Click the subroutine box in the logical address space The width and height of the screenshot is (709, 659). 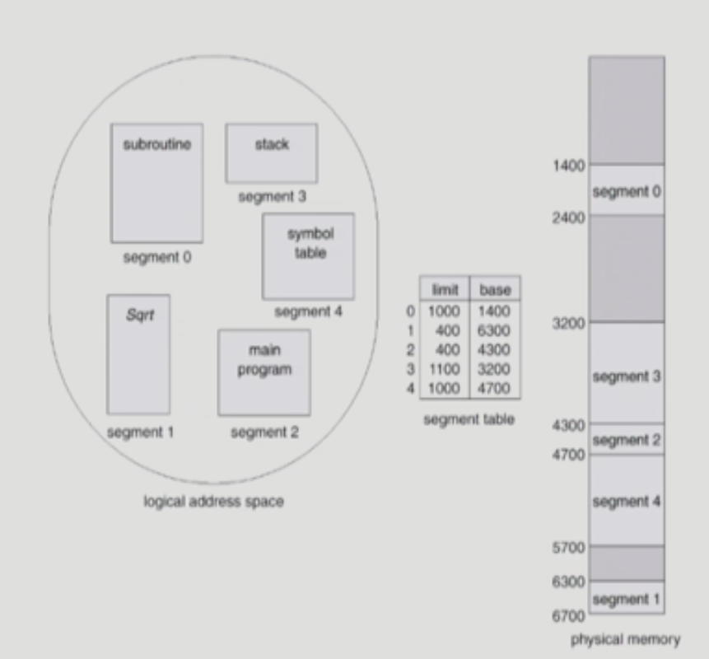tap(156, 183)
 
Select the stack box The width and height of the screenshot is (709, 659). tap(271, 153)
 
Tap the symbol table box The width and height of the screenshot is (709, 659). tap(308, 255)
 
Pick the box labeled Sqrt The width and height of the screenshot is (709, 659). tap(138, 354)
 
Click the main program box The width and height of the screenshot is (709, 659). tap(264, 372)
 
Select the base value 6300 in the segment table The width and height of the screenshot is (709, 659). tap(494, 330)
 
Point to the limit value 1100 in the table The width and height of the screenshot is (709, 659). tap(444, 369)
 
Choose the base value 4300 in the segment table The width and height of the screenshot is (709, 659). tap(494, 349)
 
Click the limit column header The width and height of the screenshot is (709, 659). tap(445, 291)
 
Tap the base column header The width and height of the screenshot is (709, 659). tap(494, 291)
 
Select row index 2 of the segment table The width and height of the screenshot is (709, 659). tap(410, 349)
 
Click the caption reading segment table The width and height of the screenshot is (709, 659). tap(469, 419)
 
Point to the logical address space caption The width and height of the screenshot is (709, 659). tap(213, 501)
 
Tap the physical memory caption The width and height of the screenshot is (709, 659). tap(626, 638)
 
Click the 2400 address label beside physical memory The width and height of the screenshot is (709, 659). tap(569, 217)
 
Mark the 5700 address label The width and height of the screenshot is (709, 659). tap(569, 547)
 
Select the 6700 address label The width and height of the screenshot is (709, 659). tap(569, 615)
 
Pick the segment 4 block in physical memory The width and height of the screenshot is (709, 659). tap(626, 500)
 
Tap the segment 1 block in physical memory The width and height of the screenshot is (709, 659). tap(626, 598)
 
